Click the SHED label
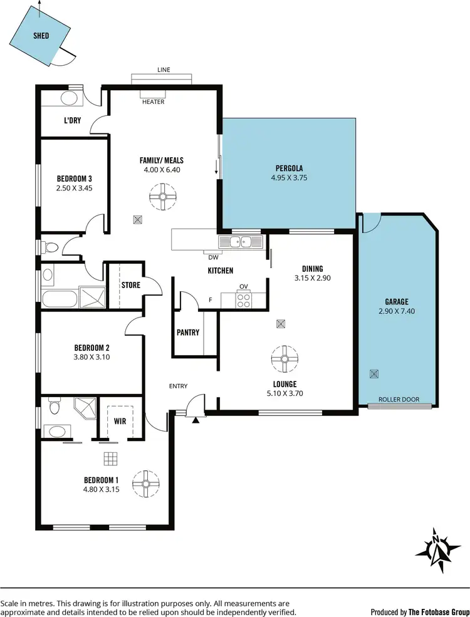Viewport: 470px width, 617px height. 41,36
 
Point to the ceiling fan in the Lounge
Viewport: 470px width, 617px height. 283,359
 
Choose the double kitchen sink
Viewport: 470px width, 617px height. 240,242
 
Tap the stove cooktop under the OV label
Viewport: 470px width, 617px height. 244,300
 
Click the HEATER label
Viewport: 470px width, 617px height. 153,102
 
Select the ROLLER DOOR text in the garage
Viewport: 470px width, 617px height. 399,400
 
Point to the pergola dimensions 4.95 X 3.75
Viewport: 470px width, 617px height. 289,177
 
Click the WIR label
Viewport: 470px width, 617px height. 120,422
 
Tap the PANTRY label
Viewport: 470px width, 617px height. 187,332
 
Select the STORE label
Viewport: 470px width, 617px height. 130,285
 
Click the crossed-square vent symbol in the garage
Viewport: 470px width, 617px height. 374,374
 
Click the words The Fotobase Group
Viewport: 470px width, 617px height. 439,612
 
